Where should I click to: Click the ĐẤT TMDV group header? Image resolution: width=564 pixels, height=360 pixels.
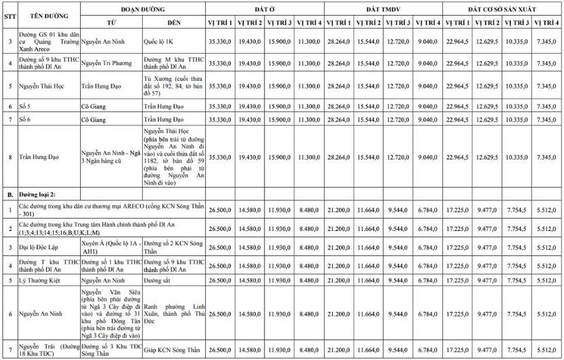click(384, 7)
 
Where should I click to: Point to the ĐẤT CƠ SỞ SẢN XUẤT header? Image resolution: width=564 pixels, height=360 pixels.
click(503, 7)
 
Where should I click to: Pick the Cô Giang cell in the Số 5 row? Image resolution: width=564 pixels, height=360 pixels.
click(95, 107)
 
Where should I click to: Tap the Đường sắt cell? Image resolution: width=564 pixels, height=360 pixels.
click(160, 279)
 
